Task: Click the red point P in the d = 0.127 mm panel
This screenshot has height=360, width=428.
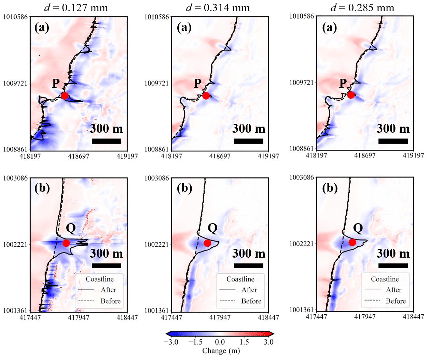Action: [65, 96]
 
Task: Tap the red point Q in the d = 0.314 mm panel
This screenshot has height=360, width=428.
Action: [207, 243]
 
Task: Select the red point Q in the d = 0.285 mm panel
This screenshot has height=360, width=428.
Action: [352, 242]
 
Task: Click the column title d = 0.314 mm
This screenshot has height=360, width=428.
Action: [218, 8]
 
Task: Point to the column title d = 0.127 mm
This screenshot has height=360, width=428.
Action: [76, 8]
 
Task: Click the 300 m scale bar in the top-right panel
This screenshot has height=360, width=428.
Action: [393, 141]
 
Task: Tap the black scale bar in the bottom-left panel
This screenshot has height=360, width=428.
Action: [106, 265]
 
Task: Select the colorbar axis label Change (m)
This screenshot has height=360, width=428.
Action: [221, 351]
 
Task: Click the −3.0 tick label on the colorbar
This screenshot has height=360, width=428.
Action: [171, 342]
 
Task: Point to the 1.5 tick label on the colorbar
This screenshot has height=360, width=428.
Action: [244, 342]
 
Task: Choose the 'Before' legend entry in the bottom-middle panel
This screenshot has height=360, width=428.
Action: [251, 301]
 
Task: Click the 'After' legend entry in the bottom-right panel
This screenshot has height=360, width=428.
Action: [394, 290]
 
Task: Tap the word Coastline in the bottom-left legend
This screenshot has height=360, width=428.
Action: [99, 279]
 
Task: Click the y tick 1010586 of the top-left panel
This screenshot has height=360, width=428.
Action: [15, 17]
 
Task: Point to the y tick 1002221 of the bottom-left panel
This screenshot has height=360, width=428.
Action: [15, 244]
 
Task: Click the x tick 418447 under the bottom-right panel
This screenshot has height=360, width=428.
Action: [413, 316]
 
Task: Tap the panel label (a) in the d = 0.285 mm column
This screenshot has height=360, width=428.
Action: [330, 27]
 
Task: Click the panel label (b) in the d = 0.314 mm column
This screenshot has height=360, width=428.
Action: [184, 188]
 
